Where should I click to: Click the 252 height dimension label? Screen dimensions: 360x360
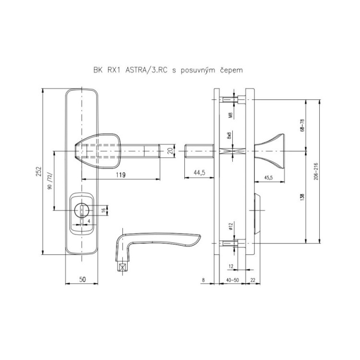(38, 171)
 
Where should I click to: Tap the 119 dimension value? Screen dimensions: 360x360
(121, 175)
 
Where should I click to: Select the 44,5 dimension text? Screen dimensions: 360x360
(199, 173)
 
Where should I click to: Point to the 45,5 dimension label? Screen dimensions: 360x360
(268, 178)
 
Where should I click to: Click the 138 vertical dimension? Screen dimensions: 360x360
(302, 197)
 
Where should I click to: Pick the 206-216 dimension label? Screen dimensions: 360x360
(316, 171)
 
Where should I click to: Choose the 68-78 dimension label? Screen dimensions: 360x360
(302, 125)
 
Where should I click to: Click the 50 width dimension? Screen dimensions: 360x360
(83, 279)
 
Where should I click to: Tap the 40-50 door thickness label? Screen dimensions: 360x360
(232, 280)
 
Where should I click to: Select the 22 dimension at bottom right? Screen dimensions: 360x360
(252, 280)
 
